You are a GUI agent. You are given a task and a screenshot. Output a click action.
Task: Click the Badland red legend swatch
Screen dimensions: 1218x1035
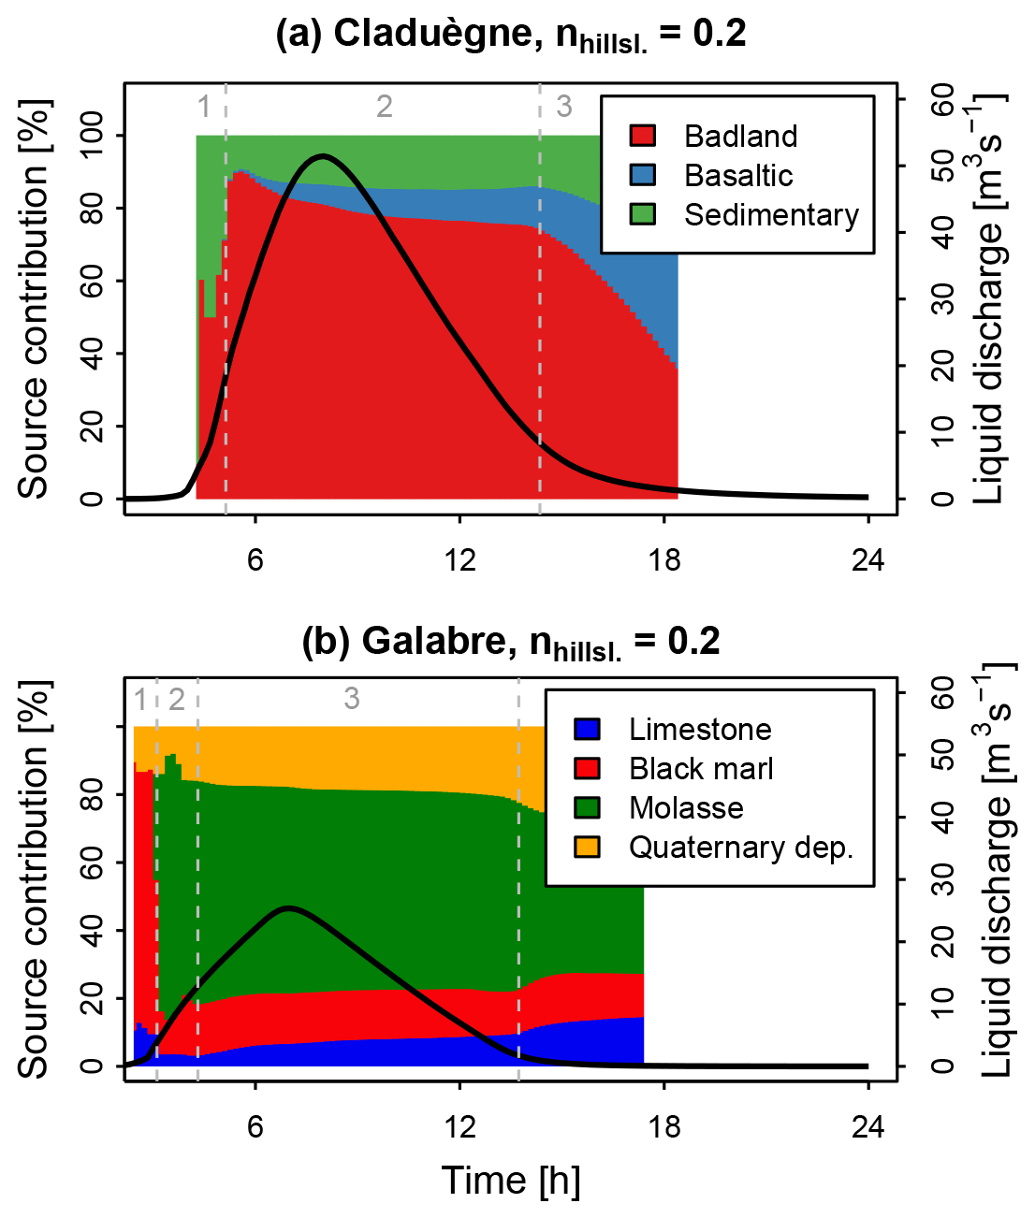[x=642, y=136]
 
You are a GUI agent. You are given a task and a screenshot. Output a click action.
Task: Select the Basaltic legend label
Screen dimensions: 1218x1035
[x=738, y=176]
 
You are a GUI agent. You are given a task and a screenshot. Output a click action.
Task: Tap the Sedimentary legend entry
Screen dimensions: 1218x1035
[x=771, y=215]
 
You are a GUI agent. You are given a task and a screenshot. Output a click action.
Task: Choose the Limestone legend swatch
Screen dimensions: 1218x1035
[x=587, y=729]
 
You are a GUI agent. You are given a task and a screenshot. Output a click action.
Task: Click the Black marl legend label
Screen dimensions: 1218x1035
[x=701, y=769]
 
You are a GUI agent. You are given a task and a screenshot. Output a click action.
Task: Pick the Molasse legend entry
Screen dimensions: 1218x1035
[x=686, y=808]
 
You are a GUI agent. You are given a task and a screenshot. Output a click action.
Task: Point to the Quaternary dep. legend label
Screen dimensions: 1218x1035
[x=740, y=848]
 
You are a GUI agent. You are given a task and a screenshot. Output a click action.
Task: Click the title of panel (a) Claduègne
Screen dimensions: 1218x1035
[x=511, y=35]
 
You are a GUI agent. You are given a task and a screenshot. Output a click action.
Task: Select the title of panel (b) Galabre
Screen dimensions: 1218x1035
[x=511, y=643]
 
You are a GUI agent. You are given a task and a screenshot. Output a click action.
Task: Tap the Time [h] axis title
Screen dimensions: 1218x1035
[x=511, y=1181]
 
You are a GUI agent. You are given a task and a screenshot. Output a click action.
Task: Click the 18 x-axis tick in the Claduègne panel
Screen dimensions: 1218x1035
[x=664, y=560]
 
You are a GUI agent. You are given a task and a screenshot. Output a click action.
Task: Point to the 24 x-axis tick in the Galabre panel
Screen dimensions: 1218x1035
[x=867, y=1127]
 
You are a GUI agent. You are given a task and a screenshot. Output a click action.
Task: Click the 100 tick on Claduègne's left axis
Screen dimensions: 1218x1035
[x=92, y=137]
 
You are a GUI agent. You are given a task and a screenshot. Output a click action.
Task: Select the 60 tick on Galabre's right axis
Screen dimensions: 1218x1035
[x=942, y=693]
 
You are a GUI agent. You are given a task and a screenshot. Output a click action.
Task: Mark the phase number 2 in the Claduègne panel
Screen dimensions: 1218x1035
[x=385, y=107]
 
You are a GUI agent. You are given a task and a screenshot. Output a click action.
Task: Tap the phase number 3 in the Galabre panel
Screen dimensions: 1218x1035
[x=351, y=699]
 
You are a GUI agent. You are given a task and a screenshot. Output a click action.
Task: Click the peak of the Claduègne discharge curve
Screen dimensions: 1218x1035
[x=323, y=156]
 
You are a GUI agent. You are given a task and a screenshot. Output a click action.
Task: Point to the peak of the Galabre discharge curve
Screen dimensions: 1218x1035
[x=288, y=907]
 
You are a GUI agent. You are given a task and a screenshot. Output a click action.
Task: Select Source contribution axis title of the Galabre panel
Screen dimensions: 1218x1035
[x=35, y=879]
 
